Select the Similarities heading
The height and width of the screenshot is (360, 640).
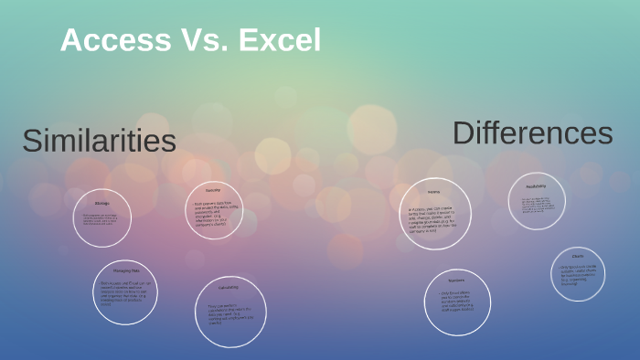click(x=99, y=142)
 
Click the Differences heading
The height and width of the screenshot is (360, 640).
click(x=532, y=133)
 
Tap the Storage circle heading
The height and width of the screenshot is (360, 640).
click(x=102, y=202)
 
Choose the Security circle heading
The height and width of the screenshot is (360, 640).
click(x=213, y=190)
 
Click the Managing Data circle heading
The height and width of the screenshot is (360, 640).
click(x=125, y=272)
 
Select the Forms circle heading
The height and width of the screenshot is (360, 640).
click(x=435, y=192)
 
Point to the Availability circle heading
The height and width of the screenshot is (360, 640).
click(x=537, y=185)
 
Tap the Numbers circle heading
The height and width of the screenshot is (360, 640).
click(x=457, y=280)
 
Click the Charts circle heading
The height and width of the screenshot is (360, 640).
click(x=578, y=257)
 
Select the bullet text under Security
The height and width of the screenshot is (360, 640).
click(x=214, y=212)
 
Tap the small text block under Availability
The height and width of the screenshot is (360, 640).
click(x=536, y=206)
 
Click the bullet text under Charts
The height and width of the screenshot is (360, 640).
click(x=578, y=274)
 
